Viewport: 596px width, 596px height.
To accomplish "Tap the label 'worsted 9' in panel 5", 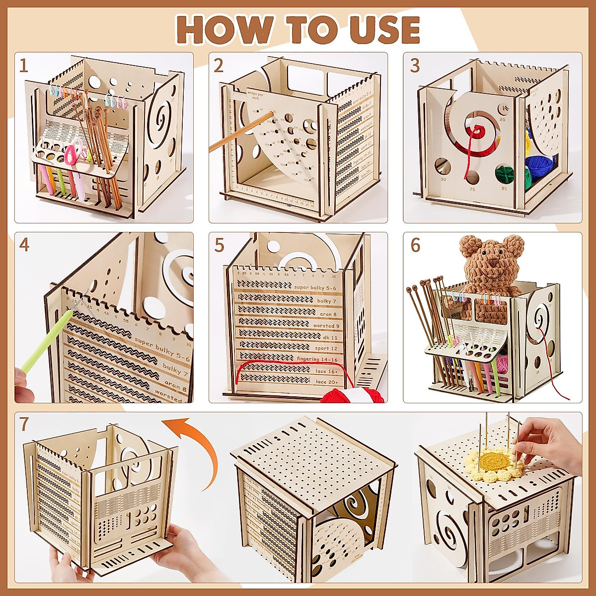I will click(x=326, y=326).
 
